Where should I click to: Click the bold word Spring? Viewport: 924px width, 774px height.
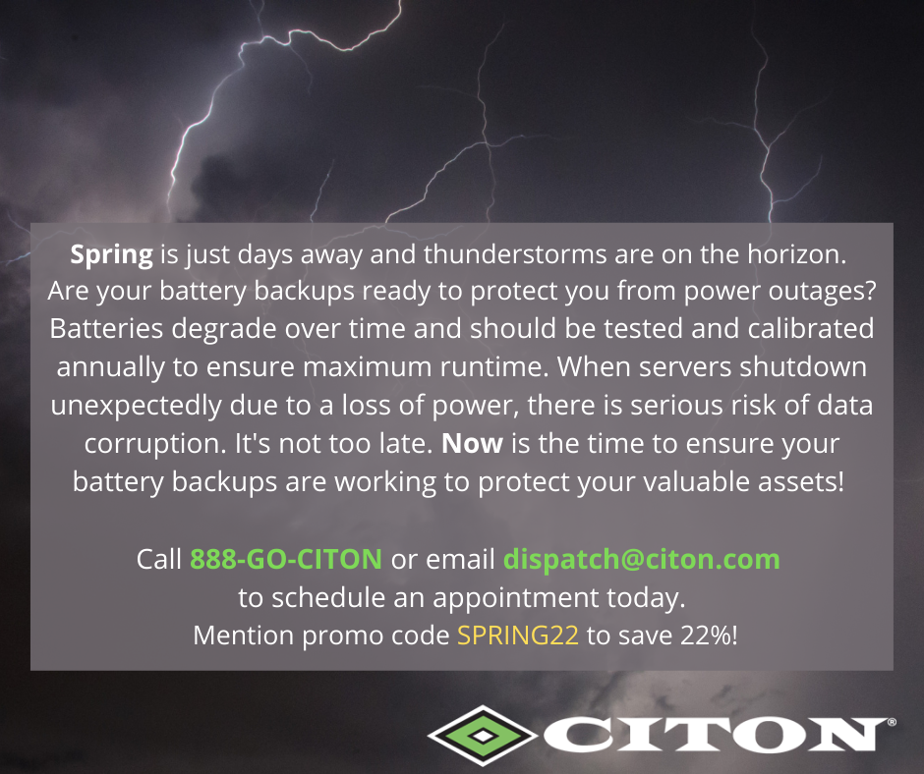(111, 255)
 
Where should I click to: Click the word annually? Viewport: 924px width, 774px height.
(111, 367)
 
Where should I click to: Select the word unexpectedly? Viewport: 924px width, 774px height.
(136, 406)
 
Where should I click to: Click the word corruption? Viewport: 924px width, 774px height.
(155, 444)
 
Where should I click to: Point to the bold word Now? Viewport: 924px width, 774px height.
(472, 444)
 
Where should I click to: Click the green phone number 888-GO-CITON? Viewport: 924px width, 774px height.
(286, 559)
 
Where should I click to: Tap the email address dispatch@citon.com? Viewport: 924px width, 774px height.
(642, 560)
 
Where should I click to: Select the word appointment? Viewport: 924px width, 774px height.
(516, 598)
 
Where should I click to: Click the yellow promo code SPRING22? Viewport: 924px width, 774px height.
(518, 636)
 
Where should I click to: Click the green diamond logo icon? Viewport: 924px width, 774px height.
(483, 736)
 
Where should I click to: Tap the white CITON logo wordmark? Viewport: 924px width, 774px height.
(715, 735)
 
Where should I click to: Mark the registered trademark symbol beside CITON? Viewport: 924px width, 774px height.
(892, 722)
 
